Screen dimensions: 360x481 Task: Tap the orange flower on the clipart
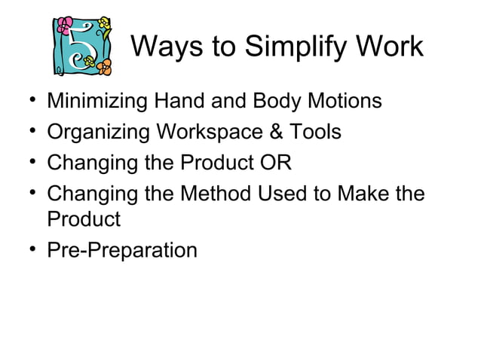coord(103,66)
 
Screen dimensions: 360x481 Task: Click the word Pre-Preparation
coord(122,249)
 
